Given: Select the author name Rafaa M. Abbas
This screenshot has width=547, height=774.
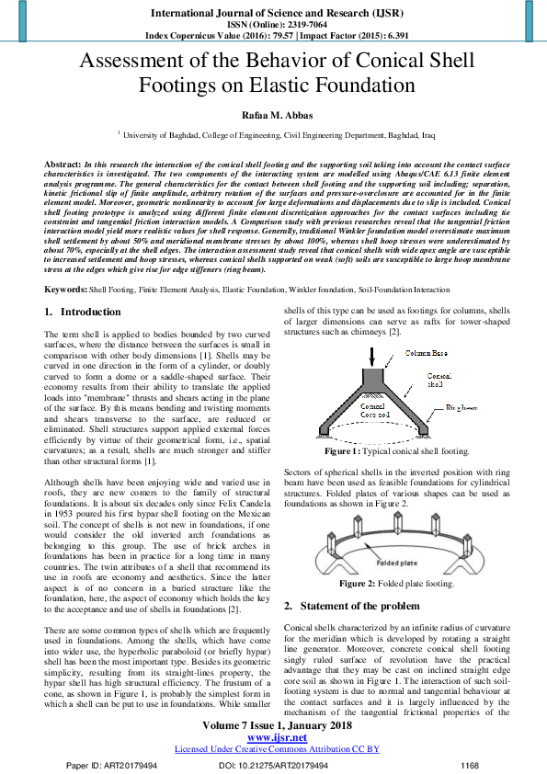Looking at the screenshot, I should [x=273, y=115].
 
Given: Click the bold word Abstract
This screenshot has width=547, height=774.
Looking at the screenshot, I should [x=62, y=162].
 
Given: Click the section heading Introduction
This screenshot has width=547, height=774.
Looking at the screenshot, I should [x=89, y=312].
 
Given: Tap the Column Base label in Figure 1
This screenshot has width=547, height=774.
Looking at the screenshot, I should [x=401, y=352].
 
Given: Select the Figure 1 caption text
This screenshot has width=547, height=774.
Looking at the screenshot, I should [x=395, y=452].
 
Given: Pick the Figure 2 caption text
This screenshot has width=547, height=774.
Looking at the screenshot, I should [x=396, y=584].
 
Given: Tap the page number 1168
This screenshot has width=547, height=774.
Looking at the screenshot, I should [x=470, y=765].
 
